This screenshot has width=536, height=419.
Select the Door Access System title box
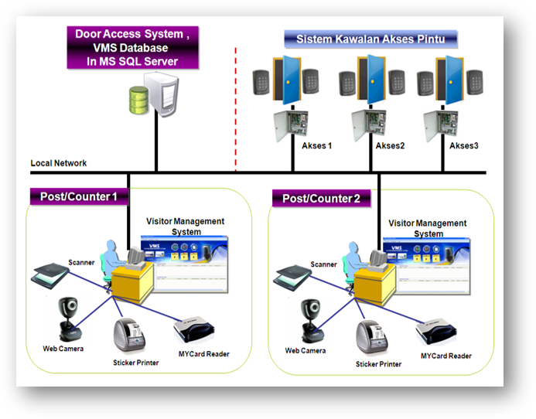(132, 47)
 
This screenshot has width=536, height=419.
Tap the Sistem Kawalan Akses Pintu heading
(370, 39)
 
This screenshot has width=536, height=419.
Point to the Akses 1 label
(316, 145)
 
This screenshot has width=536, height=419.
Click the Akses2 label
(390, 145)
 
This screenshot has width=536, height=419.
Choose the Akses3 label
(464, 145)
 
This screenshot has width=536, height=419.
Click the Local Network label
(59, 163)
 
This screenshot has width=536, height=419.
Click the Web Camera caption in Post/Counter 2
(305, 350)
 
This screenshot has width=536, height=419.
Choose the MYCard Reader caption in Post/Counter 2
(446, 356)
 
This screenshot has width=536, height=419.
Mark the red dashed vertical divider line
(235, 108)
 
